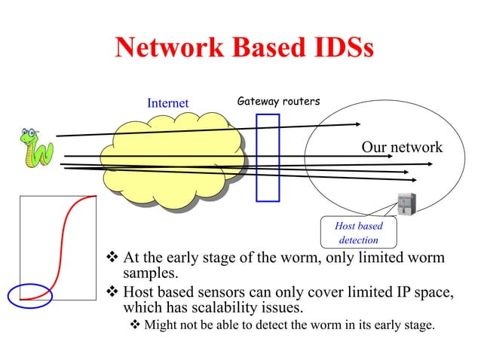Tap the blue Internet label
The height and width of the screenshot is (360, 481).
coord(167,103)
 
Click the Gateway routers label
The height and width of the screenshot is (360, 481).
coord(278,101)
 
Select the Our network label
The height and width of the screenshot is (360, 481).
coord(402,148)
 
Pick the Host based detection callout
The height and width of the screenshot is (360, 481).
coord(359,233)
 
